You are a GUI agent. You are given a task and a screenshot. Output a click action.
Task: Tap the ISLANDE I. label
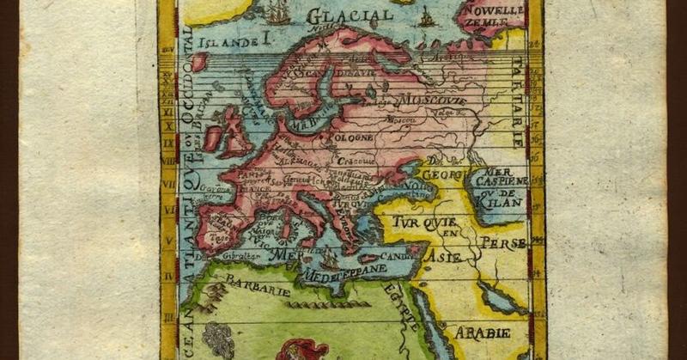tap(234, 40)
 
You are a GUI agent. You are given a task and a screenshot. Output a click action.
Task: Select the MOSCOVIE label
tap(431, 101)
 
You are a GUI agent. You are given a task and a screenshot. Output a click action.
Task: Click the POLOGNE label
tap(348, 136)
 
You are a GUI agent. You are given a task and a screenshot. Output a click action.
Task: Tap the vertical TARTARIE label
tap(517, 95)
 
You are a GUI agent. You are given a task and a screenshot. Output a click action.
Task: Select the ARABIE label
tap(482, 332)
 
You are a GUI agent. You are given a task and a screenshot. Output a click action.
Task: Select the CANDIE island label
tap(397, 255)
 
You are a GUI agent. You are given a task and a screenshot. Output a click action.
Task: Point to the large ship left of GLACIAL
tap(277, 13)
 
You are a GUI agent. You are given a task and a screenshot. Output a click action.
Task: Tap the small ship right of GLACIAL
tap(427, 17)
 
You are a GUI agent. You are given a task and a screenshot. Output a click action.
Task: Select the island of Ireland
tap(212, 137)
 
